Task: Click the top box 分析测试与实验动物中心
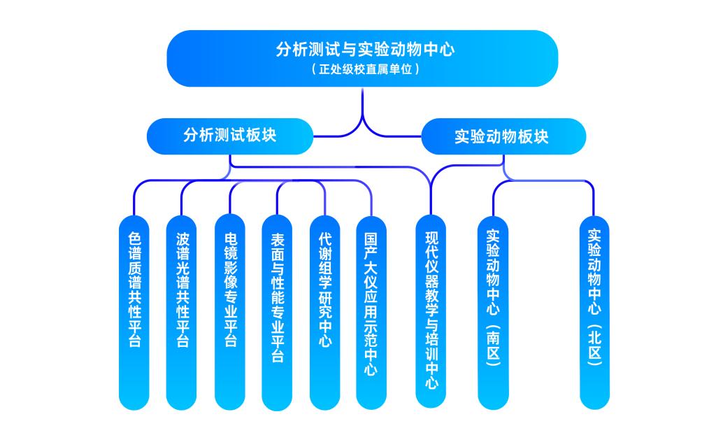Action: pos(361,50)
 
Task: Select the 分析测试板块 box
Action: pos(229,135)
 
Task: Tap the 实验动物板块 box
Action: pos(503,136)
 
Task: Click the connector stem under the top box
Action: pos(362,105)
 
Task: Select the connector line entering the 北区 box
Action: pos(594,199)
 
